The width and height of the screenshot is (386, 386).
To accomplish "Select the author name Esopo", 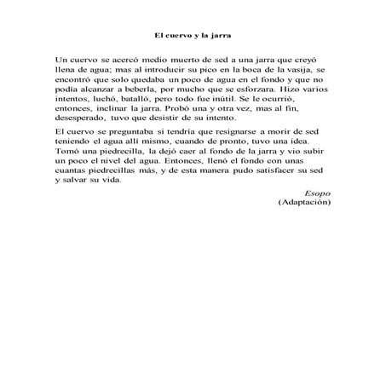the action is [x=317, y=217].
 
